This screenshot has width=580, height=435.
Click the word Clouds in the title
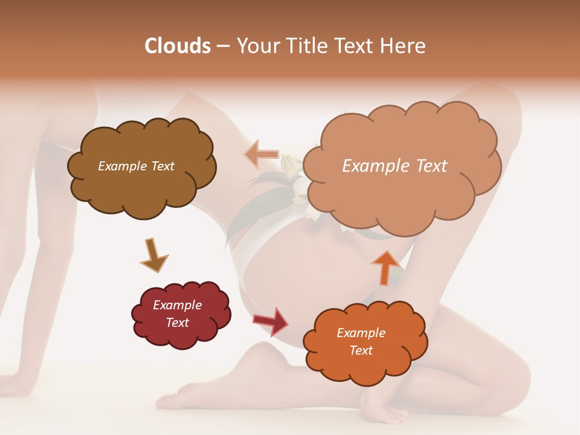point(178,46)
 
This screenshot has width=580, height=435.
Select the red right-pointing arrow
point(271,320)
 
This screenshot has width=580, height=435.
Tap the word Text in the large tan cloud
point(431,166)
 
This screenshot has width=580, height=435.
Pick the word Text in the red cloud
point(178,323)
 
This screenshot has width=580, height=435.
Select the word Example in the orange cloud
point(361,333)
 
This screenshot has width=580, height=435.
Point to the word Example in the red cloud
point(178,305)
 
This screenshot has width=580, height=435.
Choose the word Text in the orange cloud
point(361,350)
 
